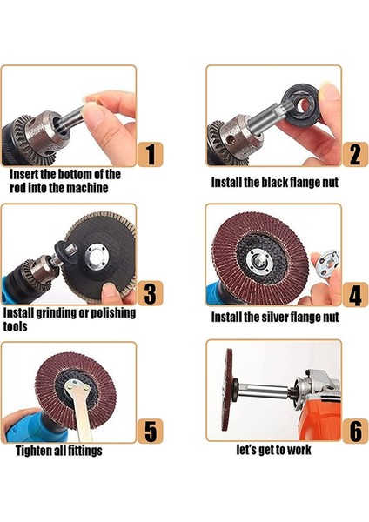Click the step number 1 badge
(x=151, y=154)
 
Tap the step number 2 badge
(x=355, y=154)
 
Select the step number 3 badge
(x=151, y=293)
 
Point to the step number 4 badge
(x=355, y=294)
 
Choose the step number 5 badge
(x=151, y=432)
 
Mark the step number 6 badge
(x=355, y=432)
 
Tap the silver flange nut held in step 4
(x=328, y=262)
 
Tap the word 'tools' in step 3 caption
(x=16, y=326)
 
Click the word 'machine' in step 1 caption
(x=86, y=188)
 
